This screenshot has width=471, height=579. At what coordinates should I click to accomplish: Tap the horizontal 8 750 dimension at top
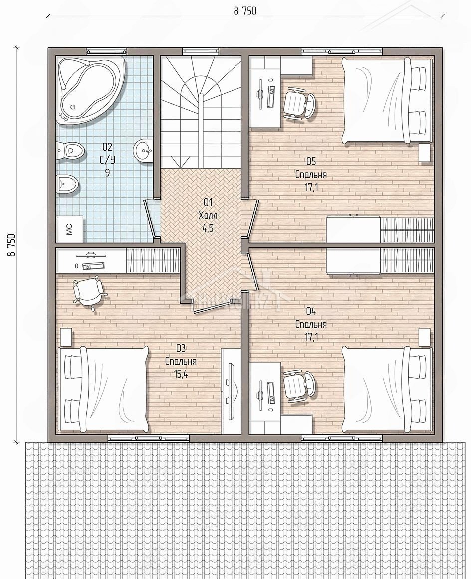tap(244, 11)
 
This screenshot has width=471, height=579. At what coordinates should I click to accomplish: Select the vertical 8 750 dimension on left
tap(11, 245)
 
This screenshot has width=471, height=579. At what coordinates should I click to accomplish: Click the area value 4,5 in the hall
tap(208, 228)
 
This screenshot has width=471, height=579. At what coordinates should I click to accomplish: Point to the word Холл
tap(208, 215)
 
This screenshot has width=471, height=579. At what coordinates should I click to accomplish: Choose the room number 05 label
tap(311, 161)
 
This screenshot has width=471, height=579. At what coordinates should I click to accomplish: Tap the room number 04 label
tap(311, 311)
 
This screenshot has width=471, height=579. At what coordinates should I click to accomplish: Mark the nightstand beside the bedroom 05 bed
tap(425, 153)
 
